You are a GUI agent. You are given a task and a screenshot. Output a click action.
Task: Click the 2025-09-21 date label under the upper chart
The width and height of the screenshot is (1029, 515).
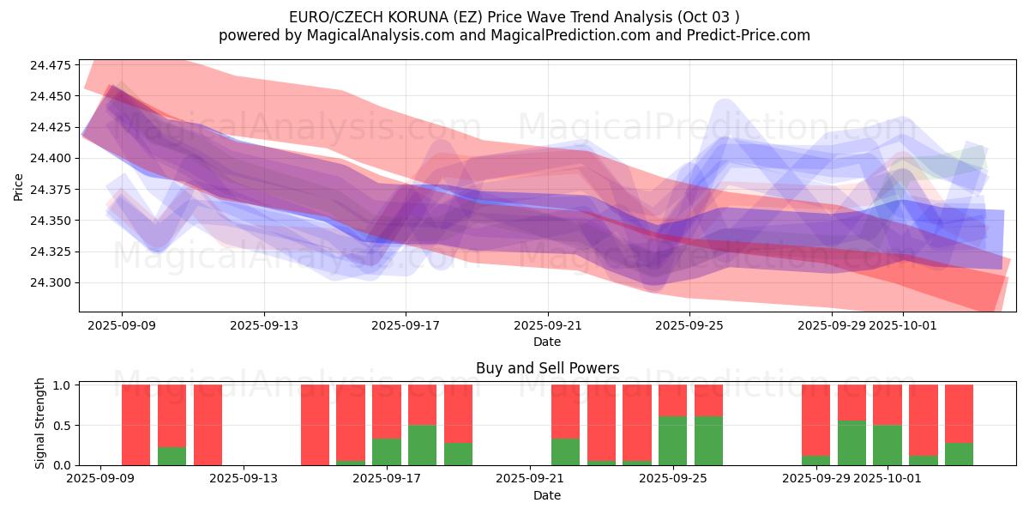(547, 326)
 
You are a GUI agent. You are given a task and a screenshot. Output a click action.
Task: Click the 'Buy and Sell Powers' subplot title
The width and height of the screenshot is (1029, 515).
(547, 368)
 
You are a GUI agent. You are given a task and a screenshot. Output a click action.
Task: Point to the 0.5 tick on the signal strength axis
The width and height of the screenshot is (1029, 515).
(63, 426)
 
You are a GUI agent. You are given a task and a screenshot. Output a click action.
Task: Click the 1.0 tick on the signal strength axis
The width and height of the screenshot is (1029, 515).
(63, 385)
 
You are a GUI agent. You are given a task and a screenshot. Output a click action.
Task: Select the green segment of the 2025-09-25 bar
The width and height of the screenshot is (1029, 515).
(673, 441)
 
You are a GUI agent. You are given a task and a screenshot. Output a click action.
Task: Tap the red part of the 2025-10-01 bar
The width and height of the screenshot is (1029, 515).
(888, 404)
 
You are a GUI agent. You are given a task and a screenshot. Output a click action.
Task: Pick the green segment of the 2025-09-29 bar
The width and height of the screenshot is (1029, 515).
(816, 460)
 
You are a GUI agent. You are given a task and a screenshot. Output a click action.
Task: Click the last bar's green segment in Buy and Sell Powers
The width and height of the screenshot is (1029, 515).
(959, 454)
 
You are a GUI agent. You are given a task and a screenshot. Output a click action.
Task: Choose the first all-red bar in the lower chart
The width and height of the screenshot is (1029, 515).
(136, 425)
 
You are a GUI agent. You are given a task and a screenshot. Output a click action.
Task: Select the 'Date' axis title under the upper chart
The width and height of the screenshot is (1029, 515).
(547, 342)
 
